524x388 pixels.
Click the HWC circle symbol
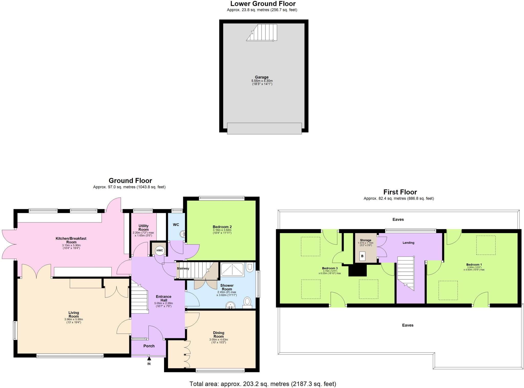pyautogui.click(x=160, y=250)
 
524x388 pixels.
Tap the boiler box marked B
pyautogui.click(x=362, y=256)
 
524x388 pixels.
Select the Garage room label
pyautogui.click(x=261, y=77)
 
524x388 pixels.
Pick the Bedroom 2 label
pyautogui.click(x=222, y=227)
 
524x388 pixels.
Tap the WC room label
pyautogui.click(x=176, y=225)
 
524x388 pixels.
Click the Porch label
pyautogui.click(x=149, y=346)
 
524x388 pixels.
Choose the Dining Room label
pyautogui.click(x=219, y=334)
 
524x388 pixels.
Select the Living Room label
pyautogui.click(x=74, y=314)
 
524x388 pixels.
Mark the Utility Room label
pyautogui.click(x=143, y=227)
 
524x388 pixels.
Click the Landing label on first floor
pyautogui.click(x=408, y=243)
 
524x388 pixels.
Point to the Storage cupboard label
pyautogui.click(x=365, y=240)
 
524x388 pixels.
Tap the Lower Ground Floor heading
pyautogui.click(x=263, y=4)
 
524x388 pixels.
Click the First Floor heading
pyautogui.click(x=400, y=192)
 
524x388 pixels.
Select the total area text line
pyautogui.click(x=263, y=384)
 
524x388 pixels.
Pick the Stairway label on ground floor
pyautogui.click(x=183, y=268)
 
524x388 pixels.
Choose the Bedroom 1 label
pyautogui.click(x=474, y=265)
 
